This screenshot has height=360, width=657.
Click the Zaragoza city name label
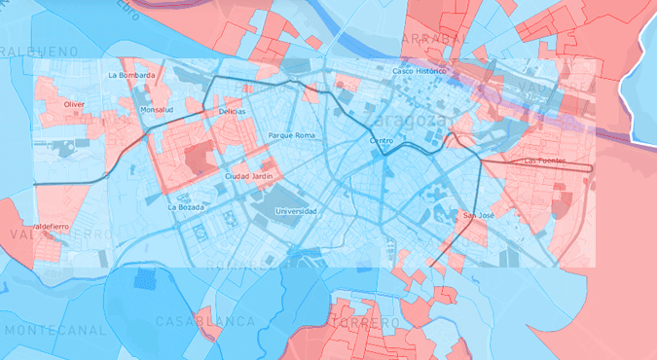[405, 121]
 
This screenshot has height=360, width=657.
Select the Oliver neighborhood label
[74, 103]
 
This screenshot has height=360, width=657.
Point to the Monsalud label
[156, 110]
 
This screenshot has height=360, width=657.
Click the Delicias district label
[232, 112]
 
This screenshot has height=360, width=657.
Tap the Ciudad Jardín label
[247, 176]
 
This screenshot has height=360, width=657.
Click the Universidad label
[296, 210]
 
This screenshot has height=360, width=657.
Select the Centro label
[381, 141]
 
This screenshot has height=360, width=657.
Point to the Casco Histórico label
[419, 71]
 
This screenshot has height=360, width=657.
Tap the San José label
[479, 214]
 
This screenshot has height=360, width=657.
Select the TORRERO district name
[365, 322]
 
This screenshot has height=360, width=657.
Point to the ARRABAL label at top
[429, 38]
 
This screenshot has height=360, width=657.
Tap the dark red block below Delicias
[197, 158]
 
